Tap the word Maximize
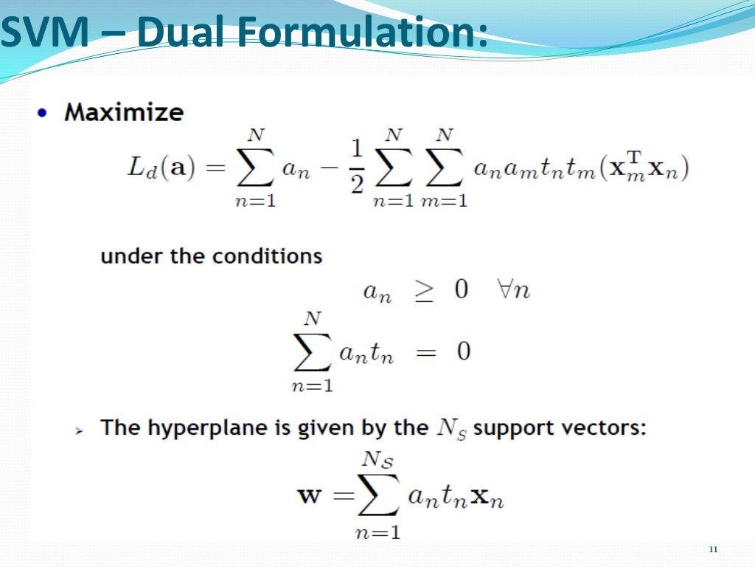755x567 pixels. pos(124,112)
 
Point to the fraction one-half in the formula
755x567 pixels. pos(357,168)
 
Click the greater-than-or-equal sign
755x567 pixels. pos(422,290)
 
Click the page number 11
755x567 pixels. pos(712,549)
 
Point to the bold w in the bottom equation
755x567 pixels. pos(310,495)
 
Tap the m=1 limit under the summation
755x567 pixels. pos(444,201)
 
